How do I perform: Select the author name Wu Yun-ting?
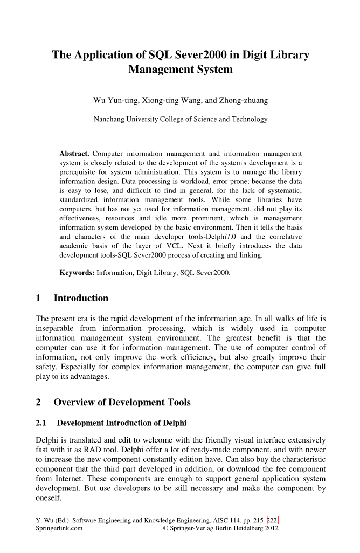tap(116, 100)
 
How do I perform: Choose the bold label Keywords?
tap(77, 273)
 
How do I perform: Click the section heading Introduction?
tap(81, 298)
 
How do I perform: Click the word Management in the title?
tap(181, 70)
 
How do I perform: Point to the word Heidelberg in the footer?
tap(244, 529)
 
